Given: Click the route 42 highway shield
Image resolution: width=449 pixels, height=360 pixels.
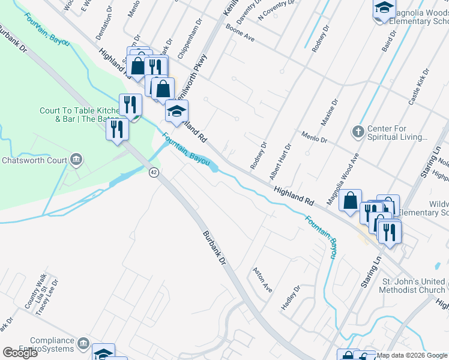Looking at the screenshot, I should click(154, 172).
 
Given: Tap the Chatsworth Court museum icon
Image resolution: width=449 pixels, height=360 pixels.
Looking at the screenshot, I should click(76, 160).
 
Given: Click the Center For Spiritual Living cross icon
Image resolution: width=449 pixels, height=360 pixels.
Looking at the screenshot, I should click(358, 131).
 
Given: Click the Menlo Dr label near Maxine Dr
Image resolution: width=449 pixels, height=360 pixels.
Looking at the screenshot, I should click(315, 137).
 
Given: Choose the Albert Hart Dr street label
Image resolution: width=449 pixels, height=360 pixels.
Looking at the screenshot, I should click(280, 162).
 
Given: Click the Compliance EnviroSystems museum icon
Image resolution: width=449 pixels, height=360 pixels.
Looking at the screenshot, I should click(83, 344).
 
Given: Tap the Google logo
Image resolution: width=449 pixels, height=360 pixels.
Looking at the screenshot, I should click(20, 353).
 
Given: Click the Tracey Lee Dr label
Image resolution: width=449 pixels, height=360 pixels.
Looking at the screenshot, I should click(49, 297).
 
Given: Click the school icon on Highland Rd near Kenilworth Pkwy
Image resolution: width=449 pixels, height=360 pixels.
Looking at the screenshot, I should click(176, 111).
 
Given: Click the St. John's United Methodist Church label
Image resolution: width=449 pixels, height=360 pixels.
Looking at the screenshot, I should click(414, 286).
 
